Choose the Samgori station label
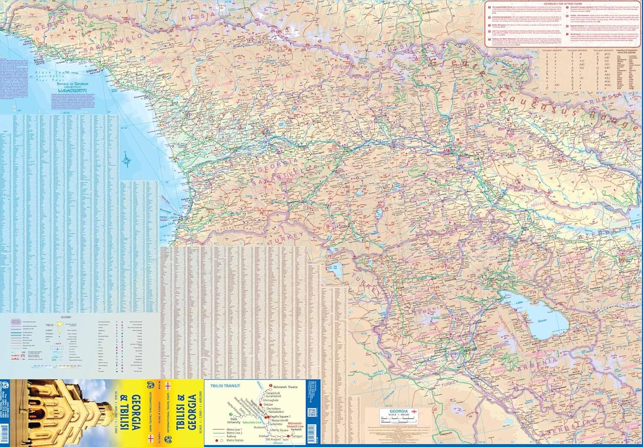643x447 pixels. click(297, 436)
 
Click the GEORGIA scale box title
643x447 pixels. click(394, 411)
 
